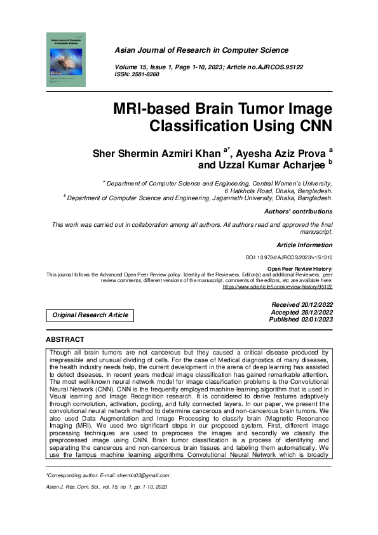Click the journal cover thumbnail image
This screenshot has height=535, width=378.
[66, 60]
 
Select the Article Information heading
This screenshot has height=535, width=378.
[304, 245]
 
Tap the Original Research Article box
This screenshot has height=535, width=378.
[90, 315]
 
